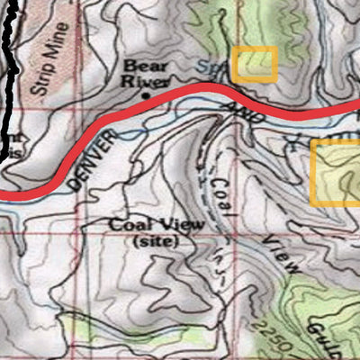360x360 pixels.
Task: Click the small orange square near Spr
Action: [254, 65]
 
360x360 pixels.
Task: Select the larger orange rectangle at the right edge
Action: [335, 172]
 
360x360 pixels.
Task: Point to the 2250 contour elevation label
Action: [268, 334]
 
